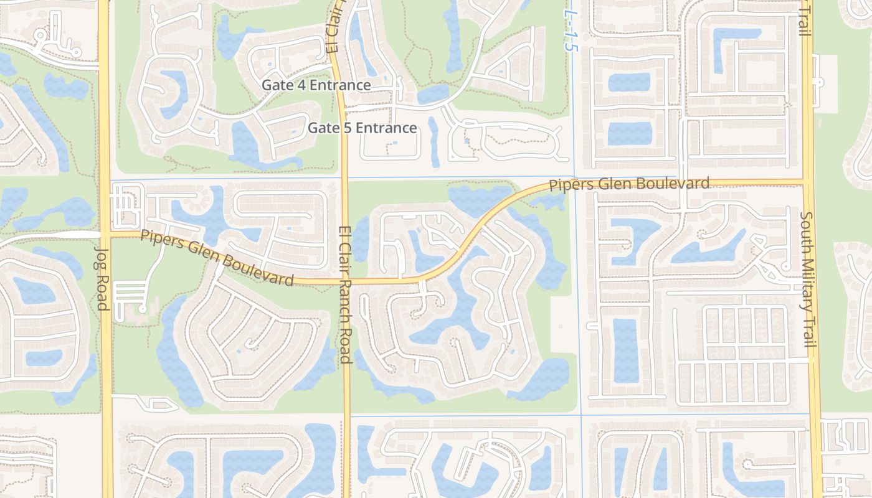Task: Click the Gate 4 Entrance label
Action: [316, 85]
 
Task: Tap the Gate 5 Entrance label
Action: [363, 128]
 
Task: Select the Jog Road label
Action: [102, 278]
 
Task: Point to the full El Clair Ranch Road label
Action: [344, 294]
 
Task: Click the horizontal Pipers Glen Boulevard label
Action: [629, 184]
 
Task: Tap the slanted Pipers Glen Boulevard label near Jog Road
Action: [217, 258]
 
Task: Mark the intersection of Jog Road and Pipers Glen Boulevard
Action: [105, 234]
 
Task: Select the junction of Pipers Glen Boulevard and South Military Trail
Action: [807, 182]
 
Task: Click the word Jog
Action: [102, 254]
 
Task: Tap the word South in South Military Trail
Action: [807, 231]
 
